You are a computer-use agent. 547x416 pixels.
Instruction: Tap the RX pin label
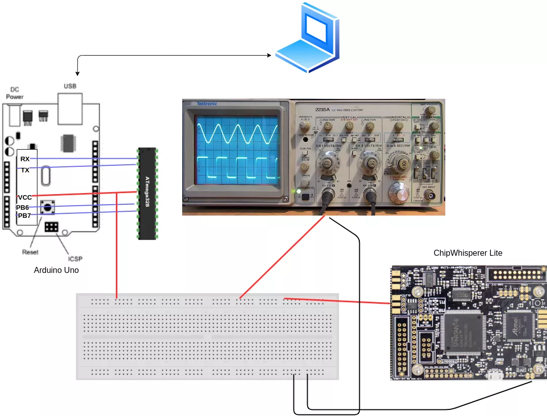(25, 159)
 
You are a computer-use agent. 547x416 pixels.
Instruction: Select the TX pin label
(25, 170)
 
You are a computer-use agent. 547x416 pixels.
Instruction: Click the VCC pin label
(25, 197)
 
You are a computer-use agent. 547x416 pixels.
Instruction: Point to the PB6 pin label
(23, 207)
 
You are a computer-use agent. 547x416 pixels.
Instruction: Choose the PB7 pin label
(23, 216)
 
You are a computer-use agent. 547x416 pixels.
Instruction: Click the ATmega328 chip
(147, 193)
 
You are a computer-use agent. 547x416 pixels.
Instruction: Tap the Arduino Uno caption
(56, 270)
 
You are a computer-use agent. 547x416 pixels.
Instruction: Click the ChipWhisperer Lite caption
(468, 253)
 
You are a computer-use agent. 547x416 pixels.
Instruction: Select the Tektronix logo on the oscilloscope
(207, 104)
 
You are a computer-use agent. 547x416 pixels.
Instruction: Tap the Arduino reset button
(49, 206)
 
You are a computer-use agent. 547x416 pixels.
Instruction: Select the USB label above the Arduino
(70, 86)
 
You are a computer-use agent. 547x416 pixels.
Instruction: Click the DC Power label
(15, 93)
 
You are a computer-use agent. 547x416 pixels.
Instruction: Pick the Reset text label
(30, 252)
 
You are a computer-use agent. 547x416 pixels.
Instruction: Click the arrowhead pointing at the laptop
(269, 55)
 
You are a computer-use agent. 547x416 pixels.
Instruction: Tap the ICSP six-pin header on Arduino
(51, 227)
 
